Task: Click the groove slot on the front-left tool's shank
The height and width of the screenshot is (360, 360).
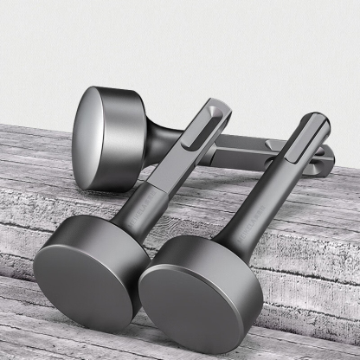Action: point(197,138)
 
